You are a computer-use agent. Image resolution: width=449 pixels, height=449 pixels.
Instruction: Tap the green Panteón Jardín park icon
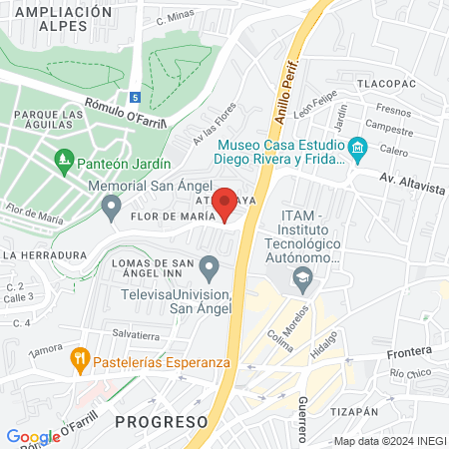pos(64,160)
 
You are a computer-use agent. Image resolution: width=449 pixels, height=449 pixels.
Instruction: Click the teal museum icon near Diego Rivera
pos(357,151)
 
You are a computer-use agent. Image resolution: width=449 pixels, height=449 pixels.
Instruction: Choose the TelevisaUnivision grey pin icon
pos(209,266)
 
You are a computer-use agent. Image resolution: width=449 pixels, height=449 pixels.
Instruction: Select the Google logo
pos(34,436)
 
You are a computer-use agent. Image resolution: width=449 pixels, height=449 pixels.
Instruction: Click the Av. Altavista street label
pos(411,178)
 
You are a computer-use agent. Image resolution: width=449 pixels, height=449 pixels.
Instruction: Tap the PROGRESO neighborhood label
pos(161,421)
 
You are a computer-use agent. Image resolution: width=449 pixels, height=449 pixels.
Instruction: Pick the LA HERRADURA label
pos(44,255)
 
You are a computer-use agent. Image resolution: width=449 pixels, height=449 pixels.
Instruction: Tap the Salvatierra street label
pos(136,334)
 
